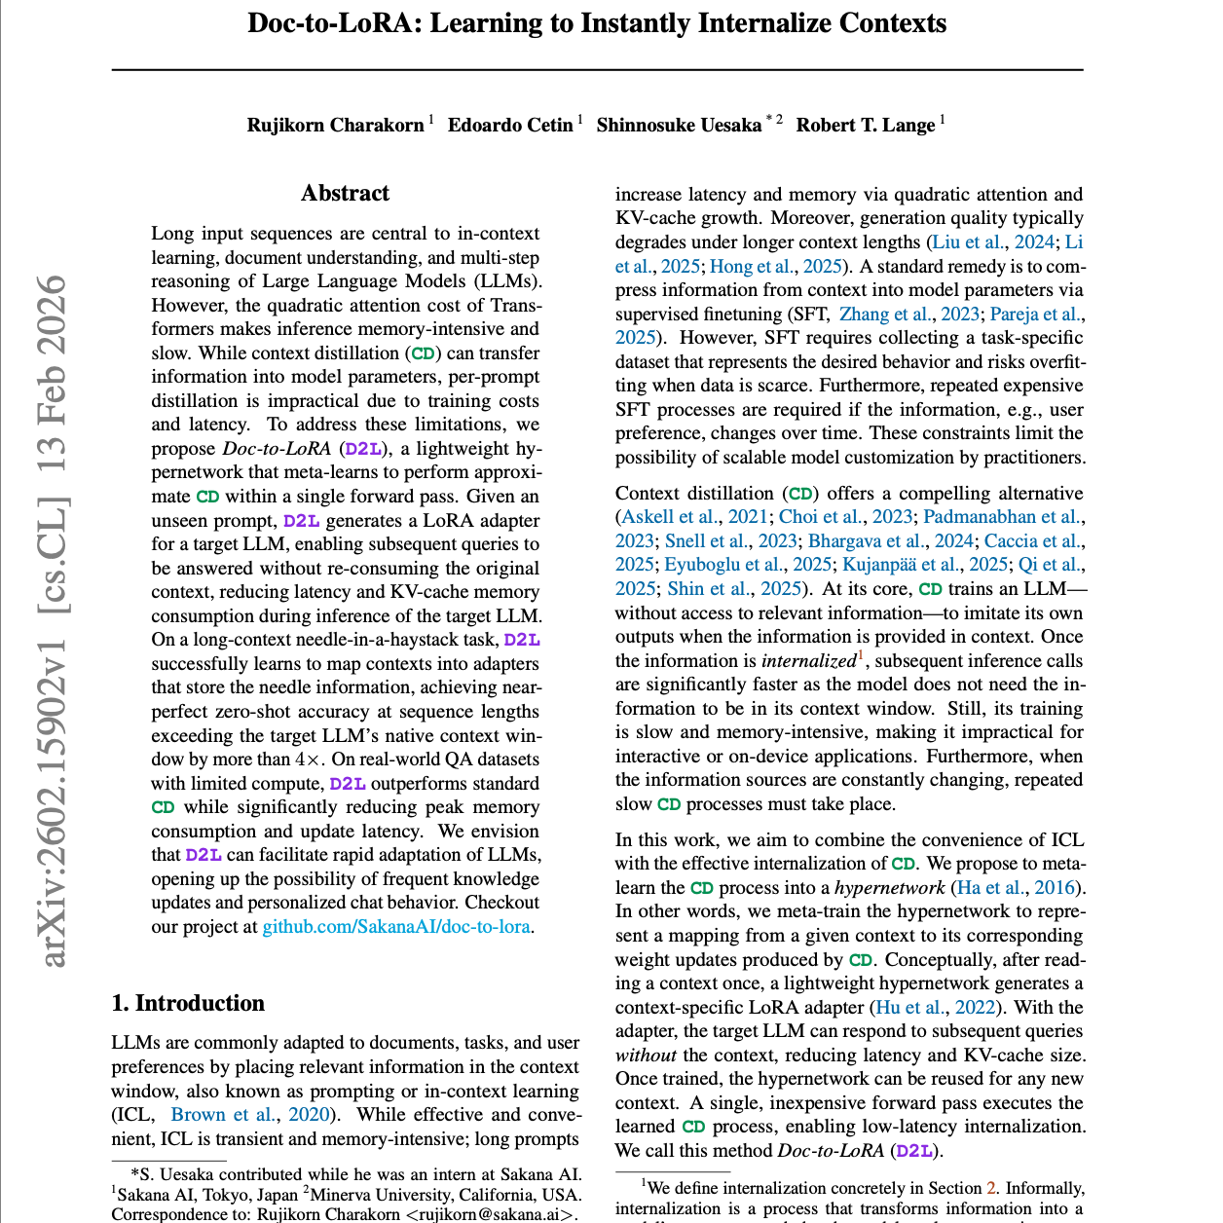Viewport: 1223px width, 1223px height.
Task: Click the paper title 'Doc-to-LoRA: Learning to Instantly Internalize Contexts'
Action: point(597,23)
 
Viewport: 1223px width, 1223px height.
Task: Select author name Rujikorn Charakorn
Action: point(335,125)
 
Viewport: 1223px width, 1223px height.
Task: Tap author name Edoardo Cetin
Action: point(510,125)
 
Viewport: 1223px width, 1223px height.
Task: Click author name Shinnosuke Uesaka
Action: point(679,125)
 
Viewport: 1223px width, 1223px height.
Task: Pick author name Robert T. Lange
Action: point(865,125)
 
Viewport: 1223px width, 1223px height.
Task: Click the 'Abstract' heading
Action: point(345,193)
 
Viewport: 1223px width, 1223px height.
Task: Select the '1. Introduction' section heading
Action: point(188,1003)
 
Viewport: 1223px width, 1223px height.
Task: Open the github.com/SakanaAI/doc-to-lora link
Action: point(396,926)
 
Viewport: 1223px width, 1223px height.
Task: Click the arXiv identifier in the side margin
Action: point(55,623)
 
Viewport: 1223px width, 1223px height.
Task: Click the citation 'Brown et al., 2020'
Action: point(251,1114)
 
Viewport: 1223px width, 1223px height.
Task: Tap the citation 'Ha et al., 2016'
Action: point(1016,887)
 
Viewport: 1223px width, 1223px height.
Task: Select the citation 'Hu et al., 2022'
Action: point(935,1007)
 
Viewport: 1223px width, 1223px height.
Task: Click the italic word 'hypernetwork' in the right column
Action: point(889,887)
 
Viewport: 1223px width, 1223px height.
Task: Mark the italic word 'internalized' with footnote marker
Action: point(808,660)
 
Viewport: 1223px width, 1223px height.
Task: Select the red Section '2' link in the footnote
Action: point(991,1188)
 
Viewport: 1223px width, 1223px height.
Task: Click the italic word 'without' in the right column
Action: point(645,1055)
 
